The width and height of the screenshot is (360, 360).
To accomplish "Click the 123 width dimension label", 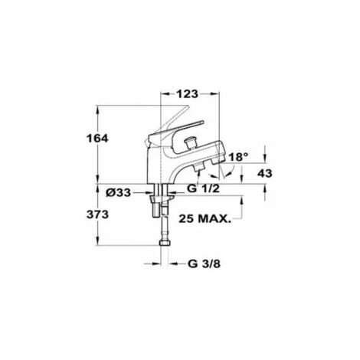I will click(x=186, y=93).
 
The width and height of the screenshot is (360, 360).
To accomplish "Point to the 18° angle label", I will click(x=240, y=157).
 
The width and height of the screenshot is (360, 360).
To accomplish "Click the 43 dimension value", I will click(x=264, y=174).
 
